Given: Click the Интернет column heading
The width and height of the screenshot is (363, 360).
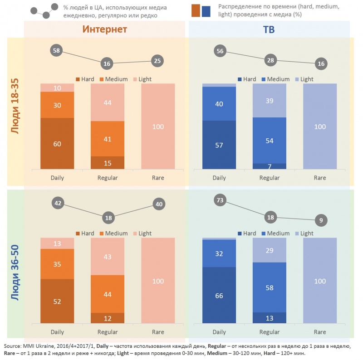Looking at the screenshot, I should (x=104, y=30).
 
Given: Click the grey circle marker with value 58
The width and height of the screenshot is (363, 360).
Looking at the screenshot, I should (x=57, y=51).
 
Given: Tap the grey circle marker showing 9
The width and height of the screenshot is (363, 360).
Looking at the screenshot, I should (x=321, y=221).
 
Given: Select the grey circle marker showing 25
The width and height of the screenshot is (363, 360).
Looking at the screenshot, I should (x=158, y=61).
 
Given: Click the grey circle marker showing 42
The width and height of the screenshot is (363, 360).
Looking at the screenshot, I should (x=58, y=204).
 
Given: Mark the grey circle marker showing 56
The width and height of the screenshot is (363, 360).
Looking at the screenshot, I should (x=221, y=51).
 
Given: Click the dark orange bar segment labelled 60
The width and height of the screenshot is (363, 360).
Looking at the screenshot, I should (x=57, y=144).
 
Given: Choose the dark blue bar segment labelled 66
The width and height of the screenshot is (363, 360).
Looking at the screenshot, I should (x=219, y=296).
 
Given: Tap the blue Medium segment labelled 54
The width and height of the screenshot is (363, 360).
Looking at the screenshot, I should (x=270, y=141).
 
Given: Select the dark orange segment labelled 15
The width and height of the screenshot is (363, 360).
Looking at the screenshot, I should (x=108, y=163).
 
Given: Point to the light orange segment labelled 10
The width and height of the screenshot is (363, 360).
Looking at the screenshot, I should (x=57, y=88).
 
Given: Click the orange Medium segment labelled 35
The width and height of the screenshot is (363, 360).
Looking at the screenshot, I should (x=57, y=264).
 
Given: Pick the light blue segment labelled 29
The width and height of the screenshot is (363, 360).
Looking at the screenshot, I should (x=270, y=250).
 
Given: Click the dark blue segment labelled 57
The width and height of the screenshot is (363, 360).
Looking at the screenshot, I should (x=219, y=145).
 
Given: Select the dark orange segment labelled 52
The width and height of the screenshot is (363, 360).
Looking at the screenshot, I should (x=57, y=301).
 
